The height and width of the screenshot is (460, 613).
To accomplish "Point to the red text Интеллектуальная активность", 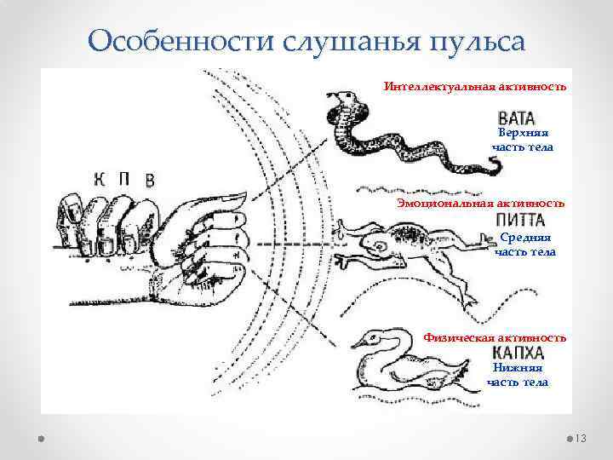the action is tap(475, 87).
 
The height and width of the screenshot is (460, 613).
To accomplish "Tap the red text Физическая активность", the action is tap(495, 338).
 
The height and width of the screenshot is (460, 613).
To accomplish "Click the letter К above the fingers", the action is tap(99, 178).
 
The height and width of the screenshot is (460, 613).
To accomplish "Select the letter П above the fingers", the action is tap(124, 178).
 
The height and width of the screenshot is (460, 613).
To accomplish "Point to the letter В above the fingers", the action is tap(150, 179).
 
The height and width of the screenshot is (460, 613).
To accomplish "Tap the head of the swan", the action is tap(367, 341).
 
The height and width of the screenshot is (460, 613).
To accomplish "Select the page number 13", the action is tap(582, 438).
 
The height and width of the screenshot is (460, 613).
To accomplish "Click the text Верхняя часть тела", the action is tap(522, 141).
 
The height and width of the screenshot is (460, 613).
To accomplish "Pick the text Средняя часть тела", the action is tap(524, 245).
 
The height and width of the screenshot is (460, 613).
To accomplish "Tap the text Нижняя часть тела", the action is tap(518, 376).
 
